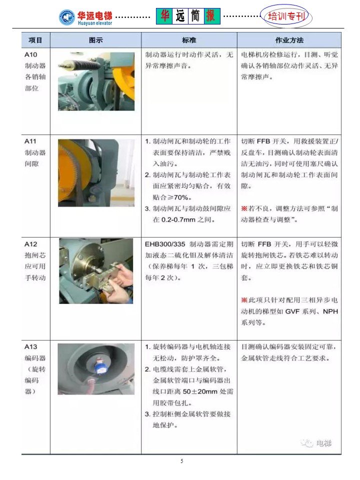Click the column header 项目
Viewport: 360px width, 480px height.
coord(35,40)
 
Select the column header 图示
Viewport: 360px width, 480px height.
coord(95,40)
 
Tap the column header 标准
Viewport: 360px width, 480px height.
coord(189,40)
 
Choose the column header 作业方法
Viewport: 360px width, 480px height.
coord(289,40)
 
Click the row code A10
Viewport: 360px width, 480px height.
coord(30,55)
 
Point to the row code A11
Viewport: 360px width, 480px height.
coord(30,141)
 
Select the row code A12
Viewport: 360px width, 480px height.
coord(30,244)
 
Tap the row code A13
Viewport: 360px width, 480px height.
coord(30,347)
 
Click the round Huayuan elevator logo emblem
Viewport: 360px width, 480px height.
coord(67,17)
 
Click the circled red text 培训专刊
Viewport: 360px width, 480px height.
coord(286,16)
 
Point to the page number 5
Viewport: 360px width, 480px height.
coord(182,461)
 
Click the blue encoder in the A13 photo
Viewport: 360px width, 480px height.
coord(100,365)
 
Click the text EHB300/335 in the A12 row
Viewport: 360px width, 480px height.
coord(165,244)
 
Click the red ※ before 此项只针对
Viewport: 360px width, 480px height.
coord(244,300)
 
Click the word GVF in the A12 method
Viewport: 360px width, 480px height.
coord(292,311)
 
